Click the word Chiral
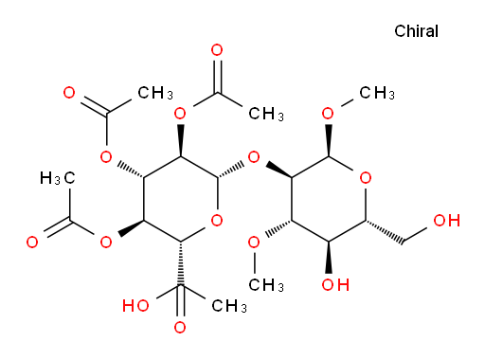coord(416,31)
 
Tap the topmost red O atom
coord(217,50)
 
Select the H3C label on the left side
coord(58,178)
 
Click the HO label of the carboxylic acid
coord(135,306)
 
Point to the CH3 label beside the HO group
coord(229,306)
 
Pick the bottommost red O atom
coord(180,328)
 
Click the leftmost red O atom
coord(32,243)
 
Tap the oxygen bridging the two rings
coord(254,157)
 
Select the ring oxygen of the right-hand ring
coord(366,178)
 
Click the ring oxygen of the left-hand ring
coord(217,221)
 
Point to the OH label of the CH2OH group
coord(446,221)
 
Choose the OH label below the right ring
coord(335,285)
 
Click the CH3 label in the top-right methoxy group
coord(377,93)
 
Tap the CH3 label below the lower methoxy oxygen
coord(266,285)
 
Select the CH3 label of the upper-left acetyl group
coord(155,93)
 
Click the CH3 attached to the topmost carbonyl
coord(266,114)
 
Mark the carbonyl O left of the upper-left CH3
coord(69,93)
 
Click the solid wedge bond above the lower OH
coord(329,258)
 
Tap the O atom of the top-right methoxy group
coord(328,114)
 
